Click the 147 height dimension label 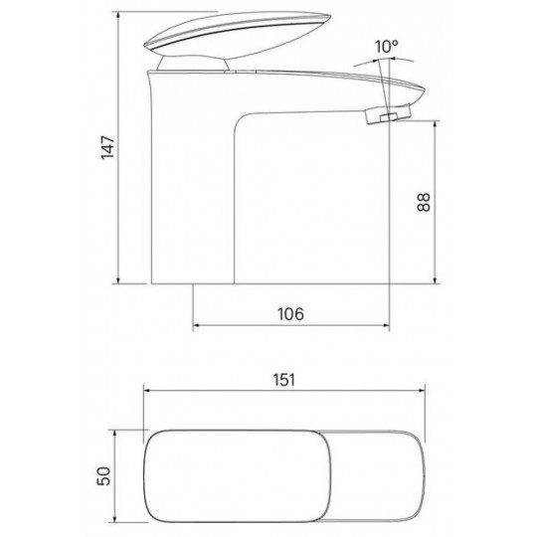pos(107,147)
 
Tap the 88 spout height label pos(424,202)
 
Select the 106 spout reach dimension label pos(290,314)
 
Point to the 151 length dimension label pos(283,380)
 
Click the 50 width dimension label pos(104,476)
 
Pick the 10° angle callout pos(386,47)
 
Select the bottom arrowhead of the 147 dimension pos(118,279)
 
